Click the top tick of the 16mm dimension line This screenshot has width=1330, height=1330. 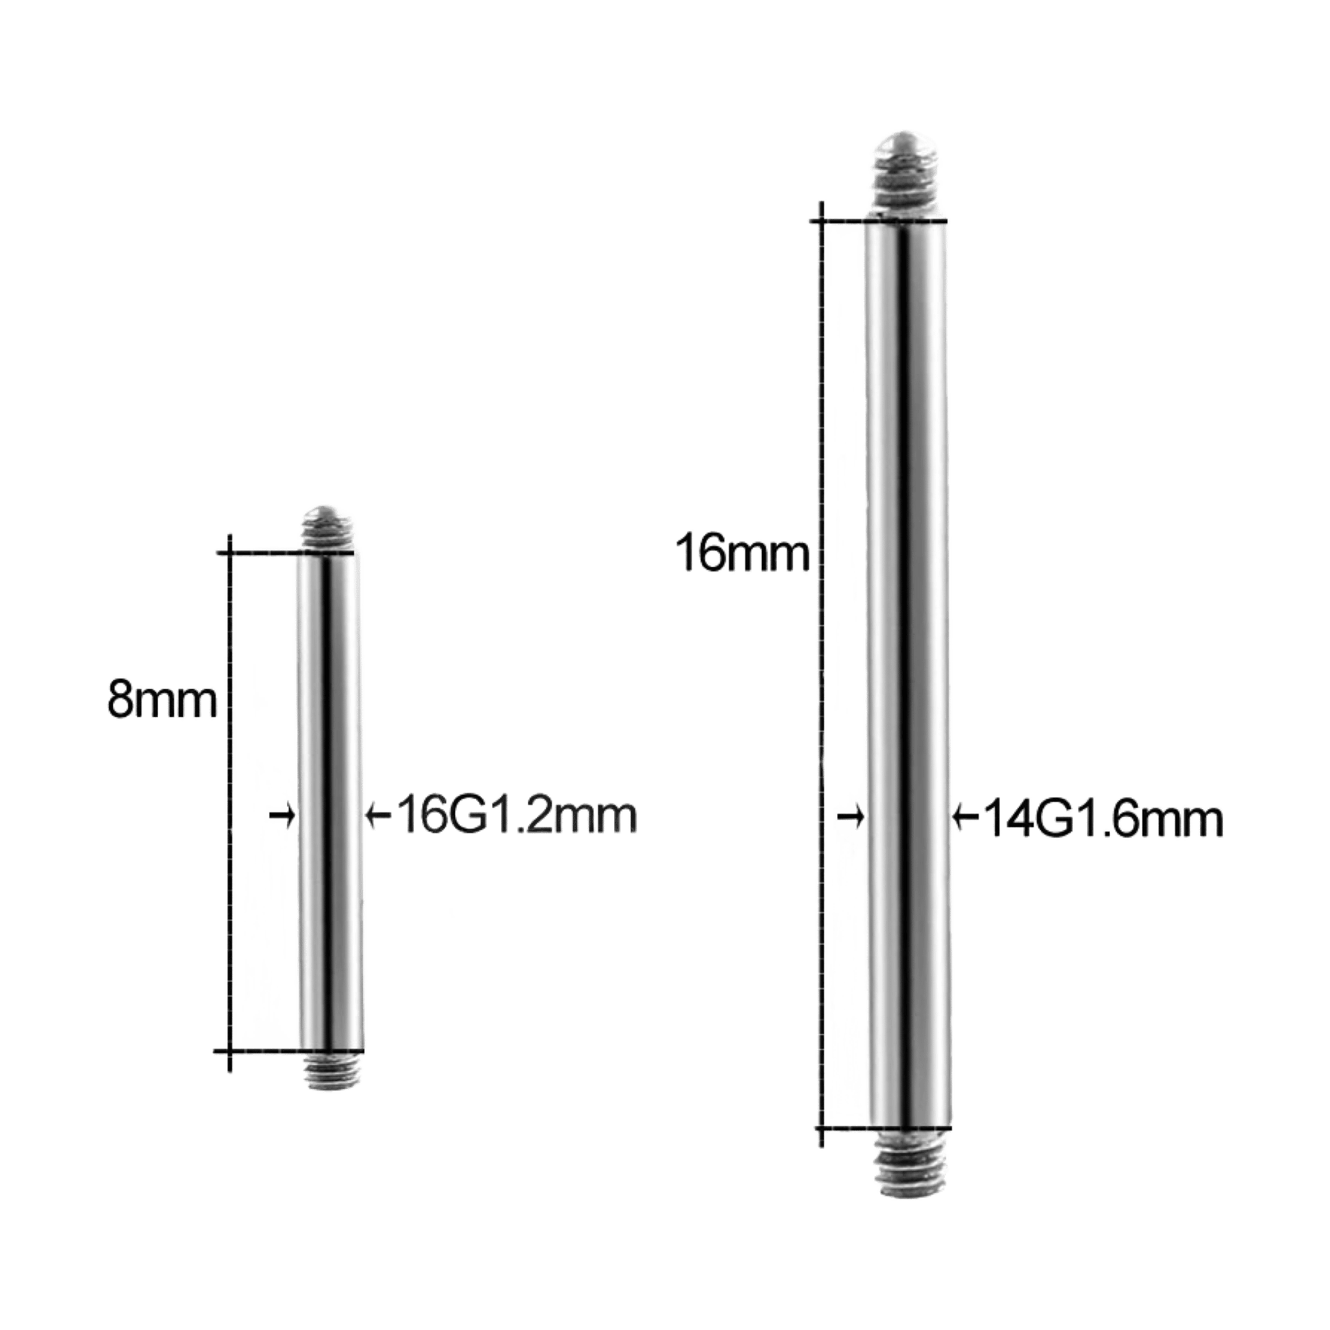click(820, 221)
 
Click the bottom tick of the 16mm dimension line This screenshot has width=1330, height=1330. click(820, 1129)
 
